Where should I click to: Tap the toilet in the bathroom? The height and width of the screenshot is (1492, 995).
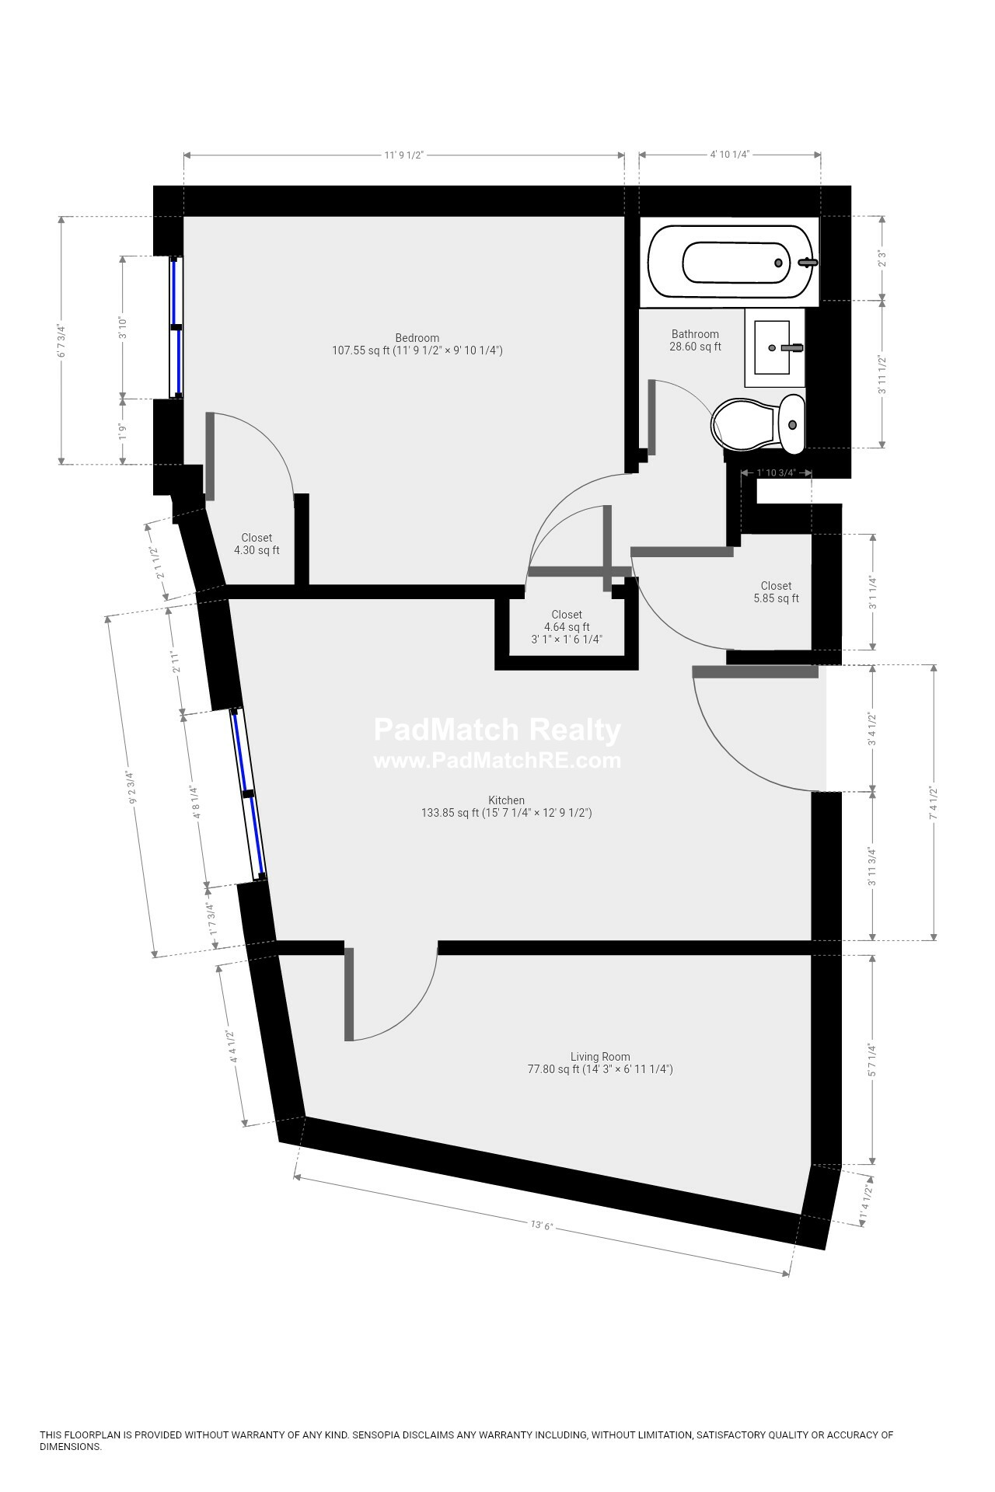point(758,424)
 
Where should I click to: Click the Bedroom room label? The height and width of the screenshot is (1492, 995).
point(417,338)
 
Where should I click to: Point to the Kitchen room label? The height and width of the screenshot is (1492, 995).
point(506,800)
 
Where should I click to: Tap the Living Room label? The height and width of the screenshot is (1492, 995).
point(600,1057)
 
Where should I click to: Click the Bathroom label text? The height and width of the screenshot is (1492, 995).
point(695,334)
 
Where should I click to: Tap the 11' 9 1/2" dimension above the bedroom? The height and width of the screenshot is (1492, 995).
point(403,155)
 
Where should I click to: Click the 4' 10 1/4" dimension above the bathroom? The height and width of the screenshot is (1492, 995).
point(729,155)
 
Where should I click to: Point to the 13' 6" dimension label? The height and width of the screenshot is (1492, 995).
point(541,1225)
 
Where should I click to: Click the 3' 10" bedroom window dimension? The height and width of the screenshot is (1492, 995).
point(122,327)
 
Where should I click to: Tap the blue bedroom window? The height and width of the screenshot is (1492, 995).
point(177,327)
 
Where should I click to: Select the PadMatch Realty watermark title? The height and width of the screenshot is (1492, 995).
point(497,730)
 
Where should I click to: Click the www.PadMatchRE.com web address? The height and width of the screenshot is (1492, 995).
point(497,761)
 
